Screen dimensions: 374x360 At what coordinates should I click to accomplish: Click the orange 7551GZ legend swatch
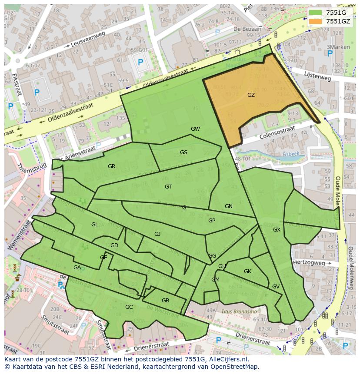click(x=316, y=21)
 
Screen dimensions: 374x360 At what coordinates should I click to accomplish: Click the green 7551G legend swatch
click(x=316, y=13)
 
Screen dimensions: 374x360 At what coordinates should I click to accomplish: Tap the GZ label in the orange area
click(x=251, y=95)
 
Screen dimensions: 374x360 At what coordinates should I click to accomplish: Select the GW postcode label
click(x=195, y=129)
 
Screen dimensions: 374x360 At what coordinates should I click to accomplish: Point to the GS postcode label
click(x=183, y=152)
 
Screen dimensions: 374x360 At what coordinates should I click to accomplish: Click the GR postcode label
click(x=111, y=166)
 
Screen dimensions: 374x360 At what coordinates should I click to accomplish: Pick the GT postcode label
click(x=168, y=187)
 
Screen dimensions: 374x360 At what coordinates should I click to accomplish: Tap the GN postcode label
click(x=229, y=206)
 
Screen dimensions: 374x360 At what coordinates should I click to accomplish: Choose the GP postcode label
click(x=212, y=221)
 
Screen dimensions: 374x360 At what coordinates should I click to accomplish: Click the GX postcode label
click(x=277, y=230)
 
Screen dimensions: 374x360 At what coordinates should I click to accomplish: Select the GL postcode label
click(x=94, y=225)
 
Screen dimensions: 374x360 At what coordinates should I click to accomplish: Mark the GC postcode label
click(x=129, y=307)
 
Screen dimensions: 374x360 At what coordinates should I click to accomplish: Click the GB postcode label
click(x=165, y=301)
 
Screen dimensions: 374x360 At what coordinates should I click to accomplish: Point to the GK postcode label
click(x=247, y=271)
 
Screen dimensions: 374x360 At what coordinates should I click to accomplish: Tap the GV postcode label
click(x=276, y=287)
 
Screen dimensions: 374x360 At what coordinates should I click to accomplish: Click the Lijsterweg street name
click(x=318, y=76)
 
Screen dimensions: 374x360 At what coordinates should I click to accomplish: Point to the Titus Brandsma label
click(x=239, y=311)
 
